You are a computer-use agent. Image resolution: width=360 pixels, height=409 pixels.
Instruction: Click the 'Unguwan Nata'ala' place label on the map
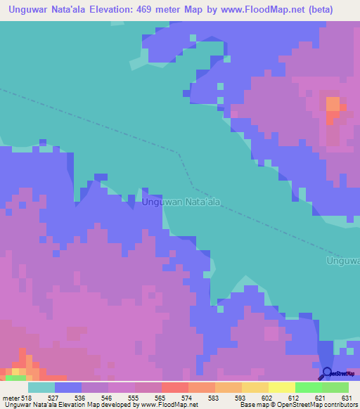click(181, 202)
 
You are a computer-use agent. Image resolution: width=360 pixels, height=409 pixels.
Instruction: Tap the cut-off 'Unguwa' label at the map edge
click(343, 261)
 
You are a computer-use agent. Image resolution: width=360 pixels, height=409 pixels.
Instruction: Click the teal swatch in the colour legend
click(41, 387)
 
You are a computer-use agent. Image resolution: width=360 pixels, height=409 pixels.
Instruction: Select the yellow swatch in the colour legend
click(255, 387)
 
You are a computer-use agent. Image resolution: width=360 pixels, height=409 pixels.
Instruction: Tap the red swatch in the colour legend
click(175, 387)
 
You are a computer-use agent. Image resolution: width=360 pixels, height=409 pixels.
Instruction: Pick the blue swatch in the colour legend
click(68, 387)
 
